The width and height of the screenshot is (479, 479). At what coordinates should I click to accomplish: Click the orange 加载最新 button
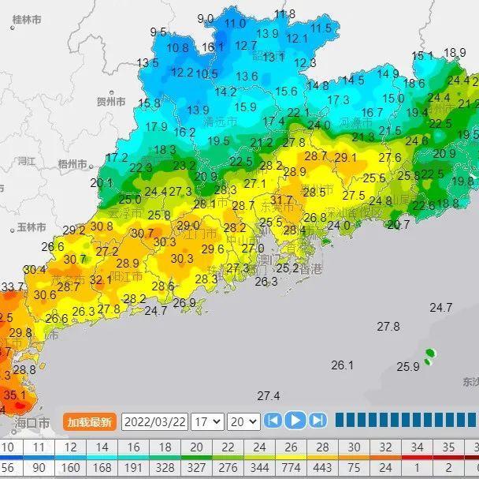(x=90, y=421)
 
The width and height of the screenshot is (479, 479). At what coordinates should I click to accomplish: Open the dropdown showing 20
(x=243, y=421)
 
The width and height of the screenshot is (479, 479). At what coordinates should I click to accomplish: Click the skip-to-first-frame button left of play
(x=273, y=420)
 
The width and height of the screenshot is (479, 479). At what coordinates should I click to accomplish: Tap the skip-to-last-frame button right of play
(x=317, y=420)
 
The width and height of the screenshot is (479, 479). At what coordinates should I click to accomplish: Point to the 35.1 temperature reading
(x=15, y=395)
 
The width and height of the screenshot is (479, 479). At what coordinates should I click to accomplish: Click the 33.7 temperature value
(x=12, y=286)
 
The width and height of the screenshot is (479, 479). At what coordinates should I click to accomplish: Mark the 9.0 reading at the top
(x=206, y=18)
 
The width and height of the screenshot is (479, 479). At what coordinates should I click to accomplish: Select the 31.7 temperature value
(x=281, y=200)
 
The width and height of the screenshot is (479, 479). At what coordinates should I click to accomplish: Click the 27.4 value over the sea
(x=269, y=395)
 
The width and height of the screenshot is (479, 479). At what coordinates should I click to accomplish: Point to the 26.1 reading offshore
(x=343, y=365)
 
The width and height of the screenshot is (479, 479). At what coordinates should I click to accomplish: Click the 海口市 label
(x=32, y=423)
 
